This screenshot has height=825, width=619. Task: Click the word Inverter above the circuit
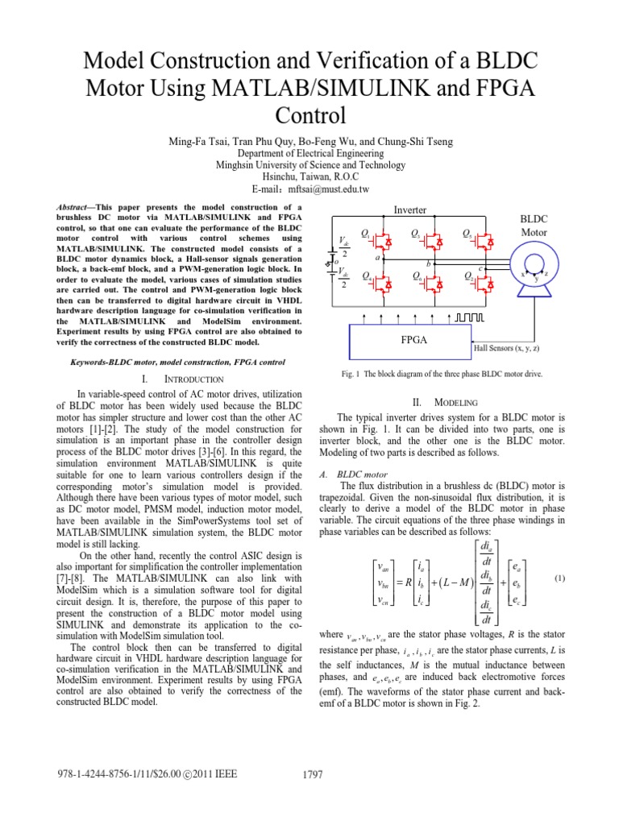click(409, 209)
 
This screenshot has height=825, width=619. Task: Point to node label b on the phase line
click(429, 263)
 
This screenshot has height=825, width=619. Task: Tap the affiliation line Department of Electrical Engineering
click(309, 153)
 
